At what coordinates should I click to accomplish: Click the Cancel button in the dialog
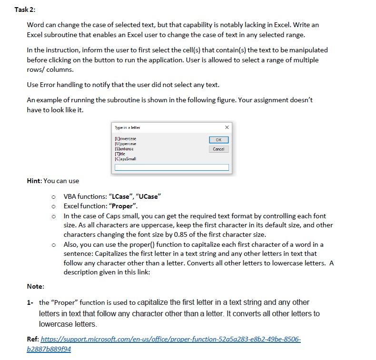[218, 149]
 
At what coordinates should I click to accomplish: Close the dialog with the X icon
[227, 127]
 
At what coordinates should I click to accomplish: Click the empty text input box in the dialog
[171, 167]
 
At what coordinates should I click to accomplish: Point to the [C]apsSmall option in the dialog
[126, 159]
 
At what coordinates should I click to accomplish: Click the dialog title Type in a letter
[128, 127]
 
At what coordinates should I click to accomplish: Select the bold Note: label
[35, 286]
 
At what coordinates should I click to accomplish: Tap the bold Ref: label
[33, 340]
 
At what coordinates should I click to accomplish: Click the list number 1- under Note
[31, 302]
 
